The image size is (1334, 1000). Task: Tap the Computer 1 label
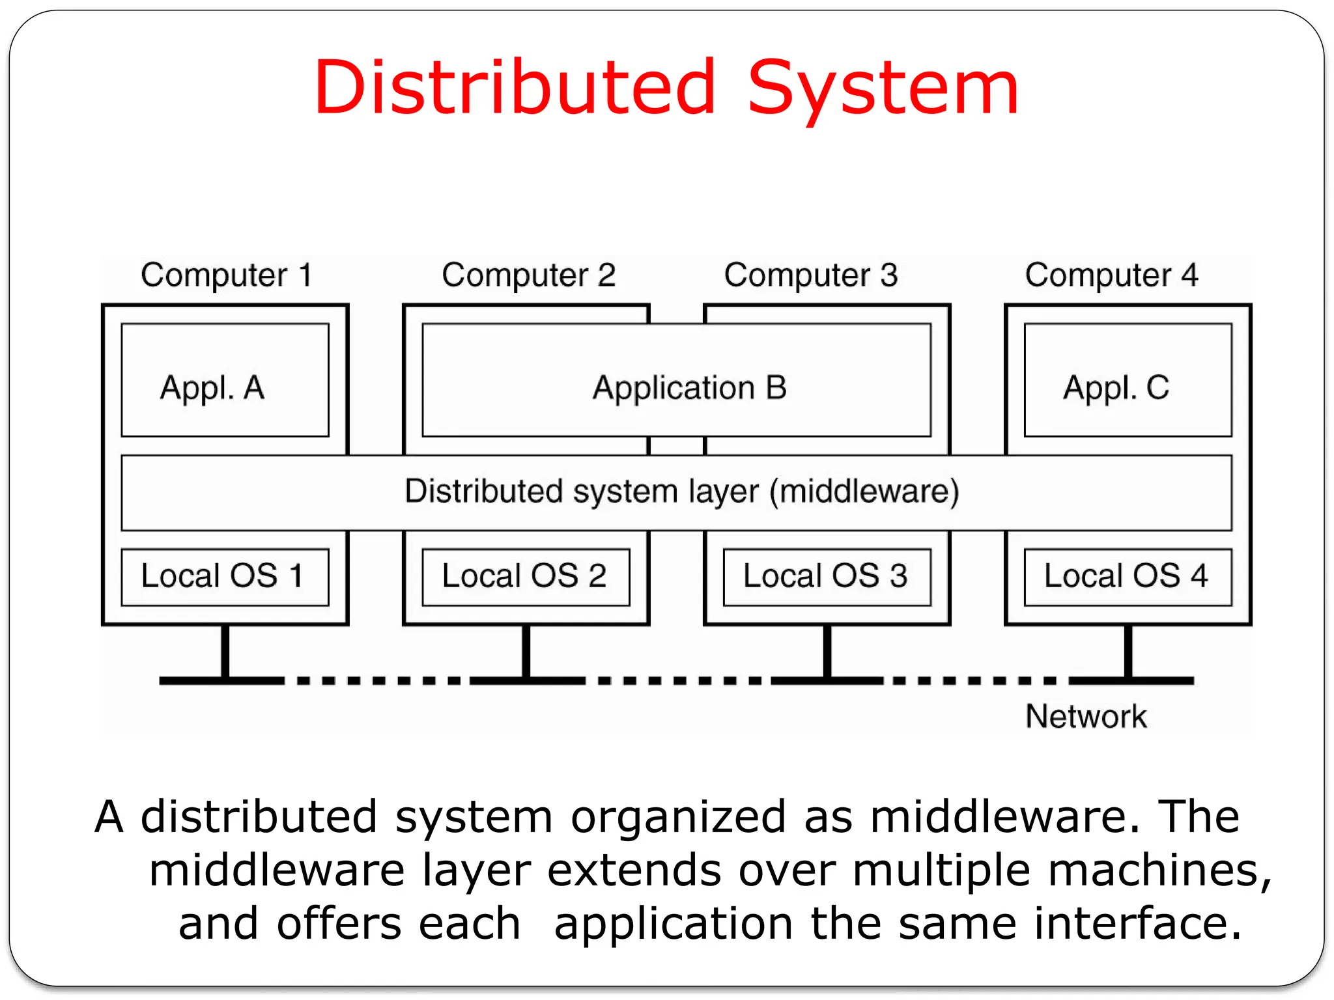(226, 275)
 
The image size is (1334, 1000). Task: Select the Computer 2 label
(528, 275)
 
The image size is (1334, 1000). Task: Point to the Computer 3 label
(810, 275)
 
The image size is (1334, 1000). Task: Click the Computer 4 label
(1111, 275)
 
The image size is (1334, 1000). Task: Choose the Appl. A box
(225, 380)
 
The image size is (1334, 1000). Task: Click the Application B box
(676, 380)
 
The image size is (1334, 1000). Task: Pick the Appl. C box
(1128, 380)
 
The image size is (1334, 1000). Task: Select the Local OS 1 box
(225, 577)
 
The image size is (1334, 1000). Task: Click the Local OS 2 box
(526, 577)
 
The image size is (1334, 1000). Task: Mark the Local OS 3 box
(827, 577)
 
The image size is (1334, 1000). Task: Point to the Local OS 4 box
(1128, 577)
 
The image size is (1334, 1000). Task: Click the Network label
(1086, 716)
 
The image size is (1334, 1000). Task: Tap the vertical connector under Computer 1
(225, 651)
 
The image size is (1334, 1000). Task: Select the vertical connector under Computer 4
(1128, 651)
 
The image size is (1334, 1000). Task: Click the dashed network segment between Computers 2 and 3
(677, 681)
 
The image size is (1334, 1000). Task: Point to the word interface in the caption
(1137, 924)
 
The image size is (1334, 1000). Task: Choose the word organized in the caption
(678, 818)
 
